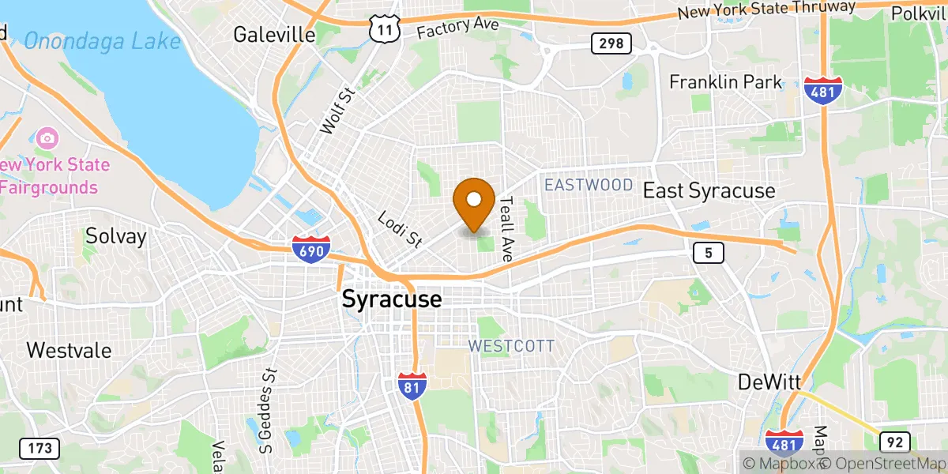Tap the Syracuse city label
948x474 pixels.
[x=392, y=300]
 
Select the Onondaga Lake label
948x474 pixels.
[x=102, y=39]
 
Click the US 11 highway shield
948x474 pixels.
[x=384, y=29]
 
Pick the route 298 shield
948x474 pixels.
[x=611, y=43]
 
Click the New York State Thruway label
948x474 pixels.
[x=766, y=10]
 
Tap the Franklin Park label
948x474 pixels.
[x=725, y=82]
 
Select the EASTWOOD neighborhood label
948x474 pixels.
[x=589, y=185]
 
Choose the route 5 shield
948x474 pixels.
[x=709, y=253]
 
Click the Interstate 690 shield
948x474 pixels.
[x=309, y=248]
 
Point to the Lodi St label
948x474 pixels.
[x=399, y=229]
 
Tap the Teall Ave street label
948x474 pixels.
[x=507, y=229]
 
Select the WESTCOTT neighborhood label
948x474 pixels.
[x=511, y=346]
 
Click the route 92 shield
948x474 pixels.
[x=895, y=442]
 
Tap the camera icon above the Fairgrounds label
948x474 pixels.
[x=47, y=139]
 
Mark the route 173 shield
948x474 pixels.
[x=39, y=449]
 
